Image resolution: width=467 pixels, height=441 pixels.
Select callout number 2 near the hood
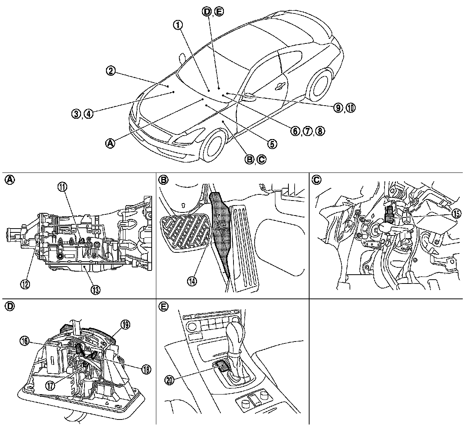[x=111, y=71]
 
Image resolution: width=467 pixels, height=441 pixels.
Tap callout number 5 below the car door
[x=271, y=144]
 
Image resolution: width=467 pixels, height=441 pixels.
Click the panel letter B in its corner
[x=163, y=180]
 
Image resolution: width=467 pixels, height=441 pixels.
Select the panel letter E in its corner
[x=163, y=306]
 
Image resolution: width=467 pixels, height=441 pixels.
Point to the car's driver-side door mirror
[x=248, y=96]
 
